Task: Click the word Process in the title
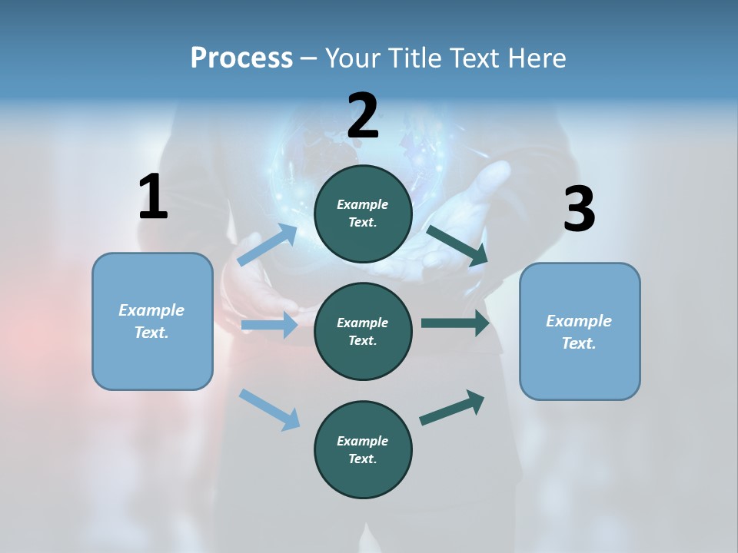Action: tap(241, 58)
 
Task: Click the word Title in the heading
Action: tap(412, 58)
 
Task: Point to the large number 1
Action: tap(153, 197)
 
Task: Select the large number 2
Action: tap(363, 116)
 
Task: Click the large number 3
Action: tap(579, 210)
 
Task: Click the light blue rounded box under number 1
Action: tap(152, 321)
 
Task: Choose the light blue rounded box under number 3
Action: tap(580, 332)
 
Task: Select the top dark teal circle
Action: tap(363, 214)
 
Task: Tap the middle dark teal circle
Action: tap(363, 332)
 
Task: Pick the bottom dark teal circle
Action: tap(363, 450)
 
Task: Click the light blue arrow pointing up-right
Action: tap(268, 245)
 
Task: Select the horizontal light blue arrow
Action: tap(269, 326)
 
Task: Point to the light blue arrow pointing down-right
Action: tap(269, 409)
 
